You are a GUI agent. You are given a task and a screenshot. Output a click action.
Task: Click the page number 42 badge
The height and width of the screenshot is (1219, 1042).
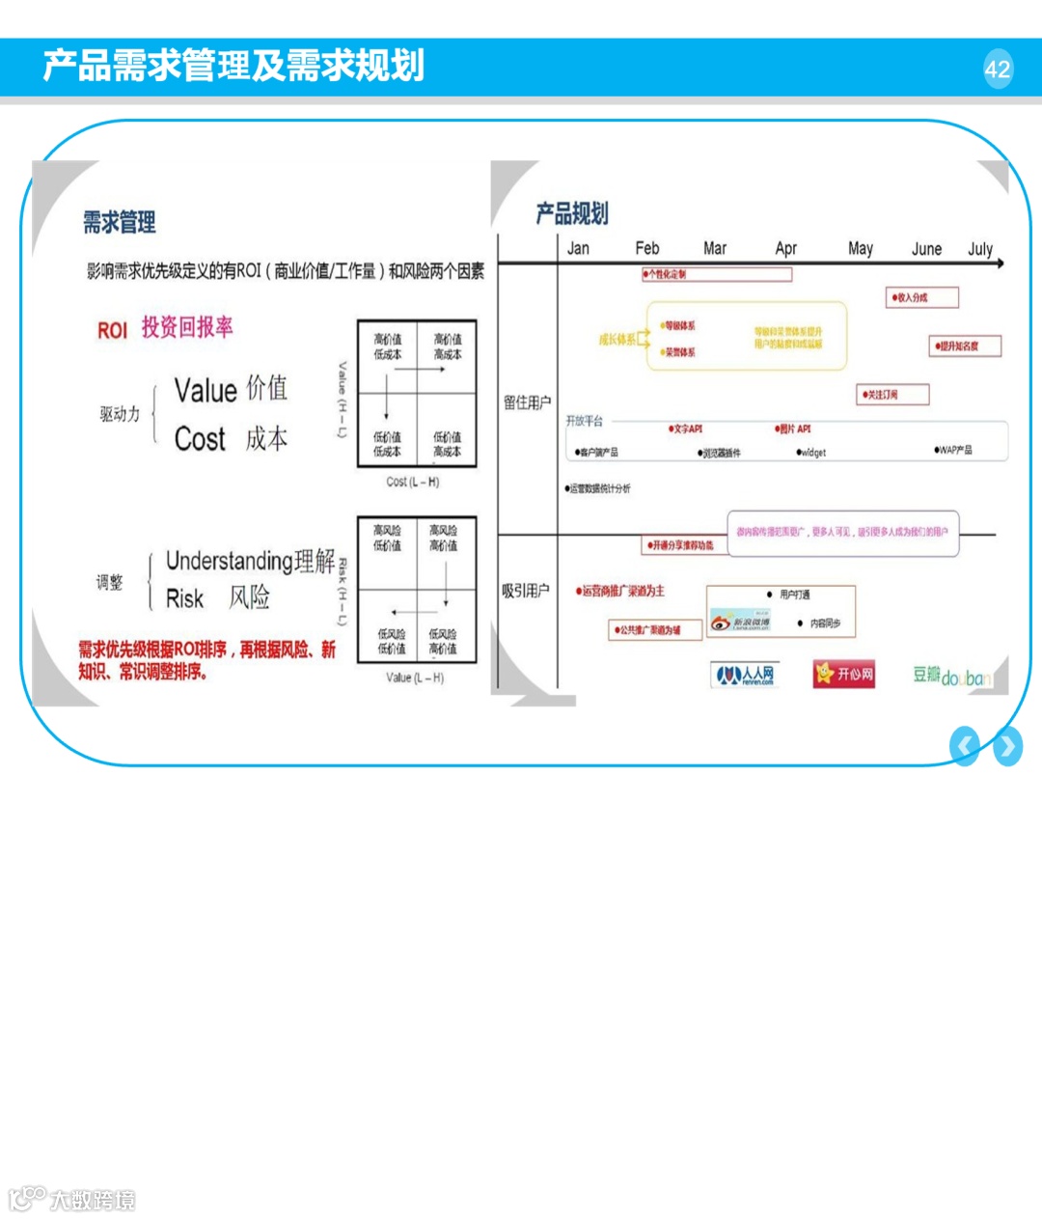(x=998, y=69)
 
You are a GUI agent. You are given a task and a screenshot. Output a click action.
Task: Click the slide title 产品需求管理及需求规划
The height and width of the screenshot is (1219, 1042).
(x=233, y=66)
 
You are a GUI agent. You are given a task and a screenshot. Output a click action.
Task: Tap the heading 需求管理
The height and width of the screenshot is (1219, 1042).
(x=119, y=223)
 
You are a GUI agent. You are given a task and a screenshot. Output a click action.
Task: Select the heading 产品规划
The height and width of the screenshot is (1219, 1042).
(x=572, y=213)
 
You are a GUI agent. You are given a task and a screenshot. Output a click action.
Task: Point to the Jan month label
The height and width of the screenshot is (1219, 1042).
(x=578, y=248)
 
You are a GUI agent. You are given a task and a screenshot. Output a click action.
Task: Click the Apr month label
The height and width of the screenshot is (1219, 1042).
(x=786, y=248)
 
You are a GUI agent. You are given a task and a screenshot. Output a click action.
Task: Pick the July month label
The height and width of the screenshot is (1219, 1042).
(x=980, y=248)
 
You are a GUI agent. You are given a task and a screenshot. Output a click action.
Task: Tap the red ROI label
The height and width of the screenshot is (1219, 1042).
(x=112, y=330)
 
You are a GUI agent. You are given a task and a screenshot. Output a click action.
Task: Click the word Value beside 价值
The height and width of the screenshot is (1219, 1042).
(x=206, y=391)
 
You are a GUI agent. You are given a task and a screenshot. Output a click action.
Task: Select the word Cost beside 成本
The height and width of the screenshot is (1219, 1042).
(x=200, y=439)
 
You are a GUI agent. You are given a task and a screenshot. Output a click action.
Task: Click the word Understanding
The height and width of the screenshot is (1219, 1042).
(x=230, y=561)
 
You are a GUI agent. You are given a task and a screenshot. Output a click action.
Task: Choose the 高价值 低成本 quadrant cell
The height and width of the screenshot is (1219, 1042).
(x=387, y=347)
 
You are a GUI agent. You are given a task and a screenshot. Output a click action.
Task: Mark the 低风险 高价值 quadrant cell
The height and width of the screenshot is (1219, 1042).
(x=443, y=641)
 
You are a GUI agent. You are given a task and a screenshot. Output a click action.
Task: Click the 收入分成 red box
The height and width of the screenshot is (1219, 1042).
(x=922, y=297)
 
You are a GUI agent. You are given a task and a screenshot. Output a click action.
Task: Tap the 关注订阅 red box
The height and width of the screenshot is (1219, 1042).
(x=893, y=394)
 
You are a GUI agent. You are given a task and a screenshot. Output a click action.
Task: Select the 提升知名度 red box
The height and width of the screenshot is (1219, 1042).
(x=966, y=346)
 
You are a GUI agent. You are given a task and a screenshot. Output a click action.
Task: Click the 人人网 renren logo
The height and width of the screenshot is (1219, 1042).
(x=744, y=674)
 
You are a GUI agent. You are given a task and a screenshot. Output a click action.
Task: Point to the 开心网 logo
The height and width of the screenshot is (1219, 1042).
(x=844, y=674)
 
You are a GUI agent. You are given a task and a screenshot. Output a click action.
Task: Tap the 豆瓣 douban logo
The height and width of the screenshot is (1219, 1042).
(x=951, y=676)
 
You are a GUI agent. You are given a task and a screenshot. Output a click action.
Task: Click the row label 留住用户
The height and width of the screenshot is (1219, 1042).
(x=527, y=402)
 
